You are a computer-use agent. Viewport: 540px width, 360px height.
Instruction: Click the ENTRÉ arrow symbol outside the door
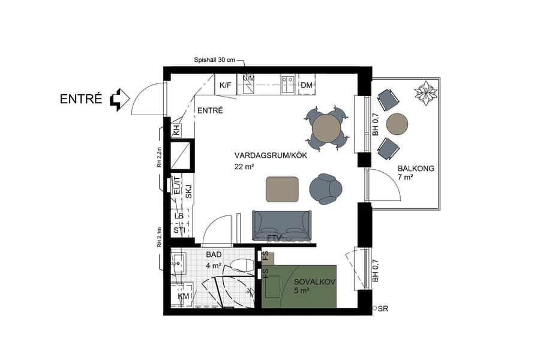tap(120, 100)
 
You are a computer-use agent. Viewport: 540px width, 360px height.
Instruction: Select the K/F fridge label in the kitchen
tap(225, 86)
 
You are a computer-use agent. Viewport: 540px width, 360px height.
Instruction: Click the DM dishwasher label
tap(307, 86)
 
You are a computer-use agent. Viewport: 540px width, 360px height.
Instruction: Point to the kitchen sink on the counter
tap(288, 81)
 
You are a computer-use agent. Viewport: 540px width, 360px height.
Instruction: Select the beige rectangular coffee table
tap(282, 190)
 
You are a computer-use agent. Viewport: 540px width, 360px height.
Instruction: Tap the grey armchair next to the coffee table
tap(325, 189)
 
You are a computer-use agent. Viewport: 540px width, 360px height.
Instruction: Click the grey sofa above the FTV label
tap(282, 224)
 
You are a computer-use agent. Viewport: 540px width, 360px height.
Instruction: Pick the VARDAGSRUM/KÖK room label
tap(262, 155)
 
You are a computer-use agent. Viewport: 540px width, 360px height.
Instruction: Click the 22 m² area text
tap(243, 167)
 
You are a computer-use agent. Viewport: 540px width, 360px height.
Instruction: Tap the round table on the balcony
tap(397, 124)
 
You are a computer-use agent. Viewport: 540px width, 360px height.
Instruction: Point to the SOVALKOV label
tap(314, 281)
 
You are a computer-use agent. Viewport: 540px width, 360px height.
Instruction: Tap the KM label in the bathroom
tap(182, 296)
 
